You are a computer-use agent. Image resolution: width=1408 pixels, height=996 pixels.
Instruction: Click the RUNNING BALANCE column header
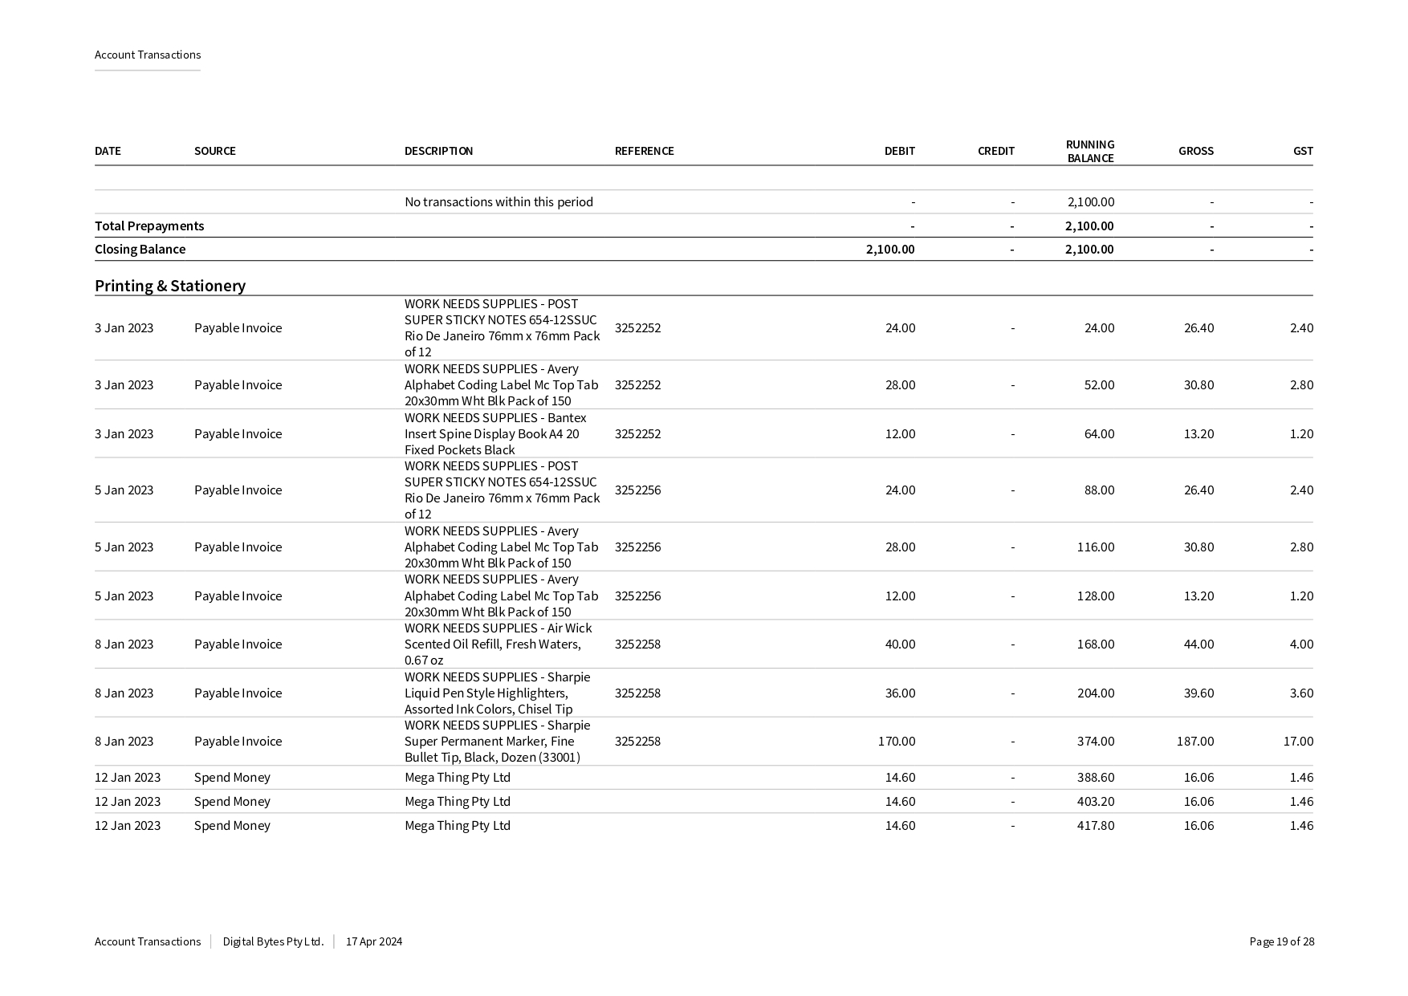click(x=1089, y=151)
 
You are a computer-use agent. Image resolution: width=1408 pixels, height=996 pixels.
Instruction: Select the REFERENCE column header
click(x=644, y=151)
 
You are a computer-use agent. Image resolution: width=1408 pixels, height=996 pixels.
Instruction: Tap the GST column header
click(x=1303, y=151)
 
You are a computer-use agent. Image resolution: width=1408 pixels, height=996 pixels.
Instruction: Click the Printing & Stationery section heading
click(x=170, y=286)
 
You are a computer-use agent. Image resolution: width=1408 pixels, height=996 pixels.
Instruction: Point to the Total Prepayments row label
click(x=149, y=226)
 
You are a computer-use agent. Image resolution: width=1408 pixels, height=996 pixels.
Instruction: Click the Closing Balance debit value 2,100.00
click(x=890, y=249)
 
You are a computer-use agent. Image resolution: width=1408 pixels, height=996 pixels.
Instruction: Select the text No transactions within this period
click(x=498, y=201)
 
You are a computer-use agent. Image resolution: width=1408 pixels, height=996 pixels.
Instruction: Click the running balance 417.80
click(x=1095, y=825)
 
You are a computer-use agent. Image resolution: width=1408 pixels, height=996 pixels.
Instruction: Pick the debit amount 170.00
click(x=897, y=741)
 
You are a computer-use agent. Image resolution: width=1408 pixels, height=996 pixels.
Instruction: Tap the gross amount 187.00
click(x=1195, y=741)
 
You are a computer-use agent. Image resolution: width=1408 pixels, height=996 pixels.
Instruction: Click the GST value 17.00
click(x=1298, y=741)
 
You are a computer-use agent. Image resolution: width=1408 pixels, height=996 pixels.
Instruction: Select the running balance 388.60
click(x=1095, y=777)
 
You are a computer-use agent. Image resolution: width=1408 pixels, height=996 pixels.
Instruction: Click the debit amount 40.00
click(x=900, y=644)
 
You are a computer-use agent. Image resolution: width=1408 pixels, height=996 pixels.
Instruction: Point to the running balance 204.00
click(x=1095, y=693)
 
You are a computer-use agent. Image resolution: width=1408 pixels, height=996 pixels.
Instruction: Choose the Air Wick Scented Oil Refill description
click(x=498, y=644)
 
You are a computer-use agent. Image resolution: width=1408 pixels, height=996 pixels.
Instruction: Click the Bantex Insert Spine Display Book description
click(x=495, y=433)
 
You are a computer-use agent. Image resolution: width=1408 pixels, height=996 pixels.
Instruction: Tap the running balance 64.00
click(x=1099, y=433)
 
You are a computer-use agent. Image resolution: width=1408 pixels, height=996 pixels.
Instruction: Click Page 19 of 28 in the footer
click(x=1281, y=941)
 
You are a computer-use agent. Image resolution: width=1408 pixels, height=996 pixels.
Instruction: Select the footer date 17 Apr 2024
click(x=374, y=941)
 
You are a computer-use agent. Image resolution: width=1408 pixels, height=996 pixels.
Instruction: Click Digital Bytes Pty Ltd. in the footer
click(x=273, y=941)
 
